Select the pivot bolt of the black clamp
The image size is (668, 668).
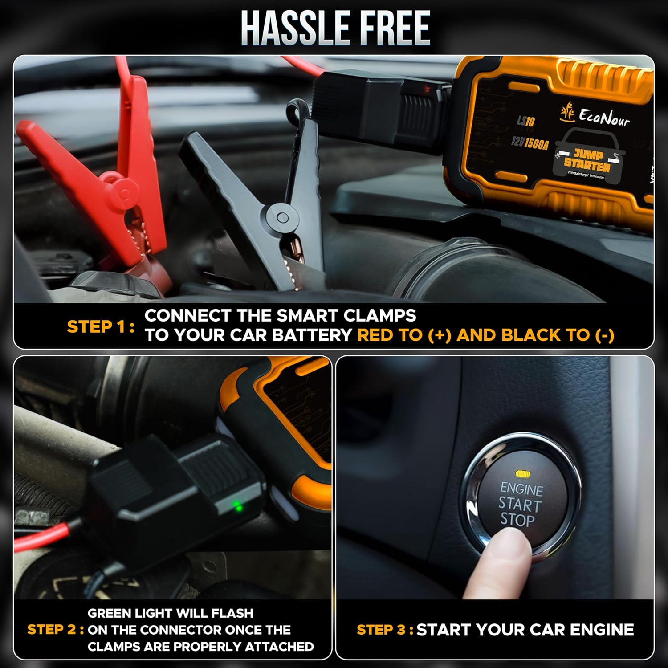(282, 218)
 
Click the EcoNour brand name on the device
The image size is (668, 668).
(604, 117)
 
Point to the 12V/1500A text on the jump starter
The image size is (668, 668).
(530, 143)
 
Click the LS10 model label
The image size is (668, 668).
(525, 121)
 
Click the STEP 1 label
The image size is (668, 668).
(100, 326)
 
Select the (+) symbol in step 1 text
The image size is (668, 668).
(439, 335)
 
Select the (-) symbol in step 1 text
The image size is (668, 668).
(604, 335)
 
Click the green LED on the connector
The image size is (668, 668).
(238, 506)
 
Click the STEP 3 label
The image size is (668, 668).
(385, 630)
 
